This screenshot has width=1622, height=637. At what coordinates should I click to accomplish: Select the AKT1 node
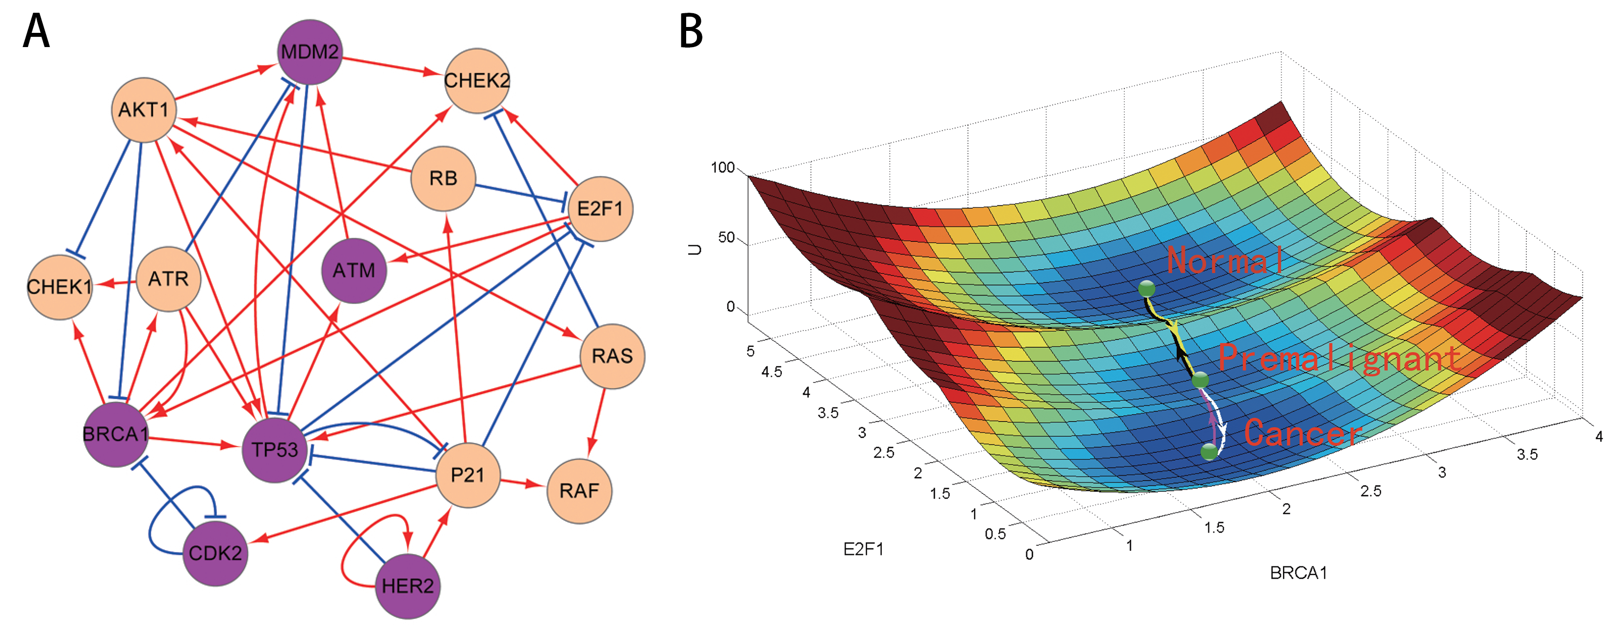pyautogui.click(x=144, y=109)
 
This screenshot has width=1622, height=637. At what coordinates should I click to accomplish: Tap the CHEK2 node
pyautogui.click(x=477, y=80)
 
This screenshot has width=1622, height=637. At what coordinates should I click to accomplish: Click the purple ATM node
pyautogui.click(x=353, y=270)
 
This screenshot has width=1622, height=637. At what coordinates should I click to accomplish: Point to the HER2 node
pyautogui.click(x=408, y=586)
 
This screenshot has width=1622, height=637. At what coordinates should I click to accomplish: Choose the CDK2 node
pyautogui.click(x=215, y=553)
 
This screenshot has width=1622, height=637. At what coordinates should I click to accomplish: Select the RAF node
pyautogui.click(x=579, y=490)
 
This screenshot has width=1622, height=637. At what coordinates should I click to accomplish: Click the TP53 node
pyautogui.click(x=275, y=449)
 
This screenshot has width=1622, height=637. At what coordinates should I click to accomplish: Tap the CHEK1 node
pyautogui.click(x=59, y=287)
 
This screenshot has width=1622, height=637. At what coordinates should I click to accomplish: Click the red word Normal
pyautogui.click(x=1225, y=260)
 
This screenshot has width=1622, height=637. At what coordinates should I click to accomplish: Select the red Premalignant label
pyautogui.click(x=1339, y=359)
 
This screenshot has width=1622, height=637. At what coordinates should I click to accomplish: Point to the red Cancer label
pyautogui.click(x=1302, y=433)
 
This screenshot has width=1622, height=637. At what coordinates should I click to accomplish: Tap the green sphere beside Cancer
pyautogui.click(x=1209, y=451)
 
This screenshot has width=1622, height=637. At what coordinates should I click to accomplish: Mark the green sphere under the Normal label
pyautogui.click(x=1147, y=288)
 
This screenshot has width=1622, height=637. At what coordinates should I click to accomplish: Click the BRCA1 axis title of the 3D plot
pyautogui.click(x=1298, y=573)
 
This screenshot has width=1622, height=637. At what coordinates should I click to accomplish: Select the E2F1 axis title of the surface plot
pyautogui.click(x=863, y=550)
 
